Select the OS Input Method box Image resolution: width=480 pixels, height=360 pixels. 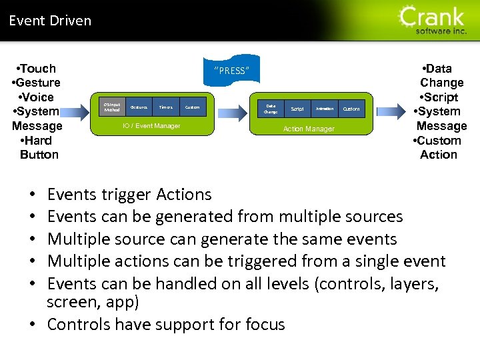pyautogui.click(x=112, y=107)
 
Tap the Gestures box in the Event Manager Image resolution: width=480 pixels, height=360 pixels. pyautogui.click(x=139, y=107)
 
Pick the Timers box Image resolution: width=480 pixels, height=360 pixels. pyautogui.click(x=166, y=107)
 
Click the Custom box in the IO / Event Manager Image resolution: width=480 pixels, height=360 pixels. pyautogui.click(x=192, y=107)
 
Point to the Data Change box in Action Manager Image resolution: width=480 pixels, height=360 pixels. pyautogui.click(x=271, y=109)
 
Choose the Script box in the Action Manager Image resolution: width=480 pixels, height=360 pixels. pyautogui.click(x=297, y=109)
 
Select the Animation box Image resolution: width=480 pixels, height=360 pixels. pyautogui.click(x=325, y=109)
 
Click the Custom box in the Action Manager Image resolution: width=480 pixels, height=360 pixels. pyautogui.click(x=351, y=109)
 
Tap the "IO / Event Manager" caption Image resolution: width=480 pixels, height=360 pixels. pyautogui.click(x=151, y=126)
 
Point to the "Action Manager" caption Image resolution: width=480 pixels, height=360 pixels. pyautogui.click(x=309, y=129)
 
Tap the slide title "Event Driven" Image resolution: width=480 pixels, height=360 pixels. pyautogui.click(x=50, y=21)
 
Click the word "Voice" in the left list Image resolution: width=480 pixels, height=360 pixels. pyautogui.click(x=37, y=97)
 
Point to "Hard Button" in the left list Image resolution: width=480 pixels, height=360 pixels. pyautogui.click(x=39, y=147)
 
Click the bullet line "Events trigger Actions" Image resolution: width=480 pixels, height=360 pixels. pyautogui.click(x=129, y=195)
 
